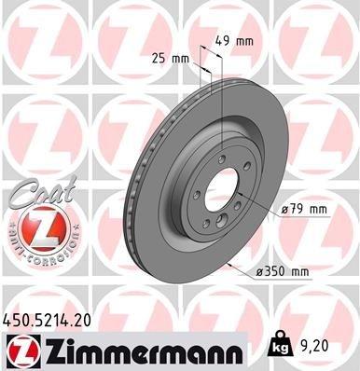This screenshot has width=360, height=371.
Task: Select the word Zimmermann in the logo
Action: click(131, 350)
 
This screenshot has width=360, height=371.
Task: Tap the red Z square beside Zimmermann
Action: click(18, 350)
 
